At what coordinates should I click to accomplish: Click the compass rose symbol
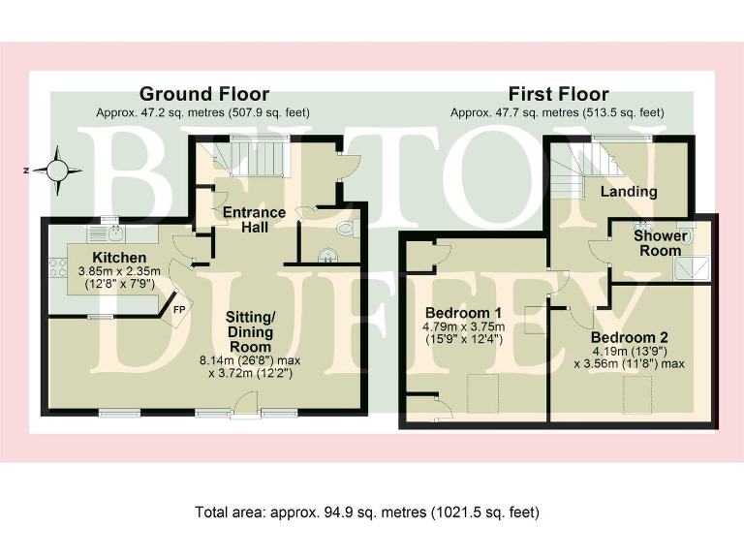point(58,169)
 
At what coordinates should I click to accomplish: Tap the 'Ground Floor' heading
point(203,94)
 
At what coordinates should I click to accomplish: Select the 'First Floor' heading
point(558,94)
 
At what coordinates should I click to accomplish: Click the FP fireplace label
point(179,310)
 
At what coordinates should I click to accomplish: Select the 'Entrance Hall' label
point(254,220)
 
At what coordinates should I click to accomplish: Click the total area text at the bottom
point(367,511)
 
